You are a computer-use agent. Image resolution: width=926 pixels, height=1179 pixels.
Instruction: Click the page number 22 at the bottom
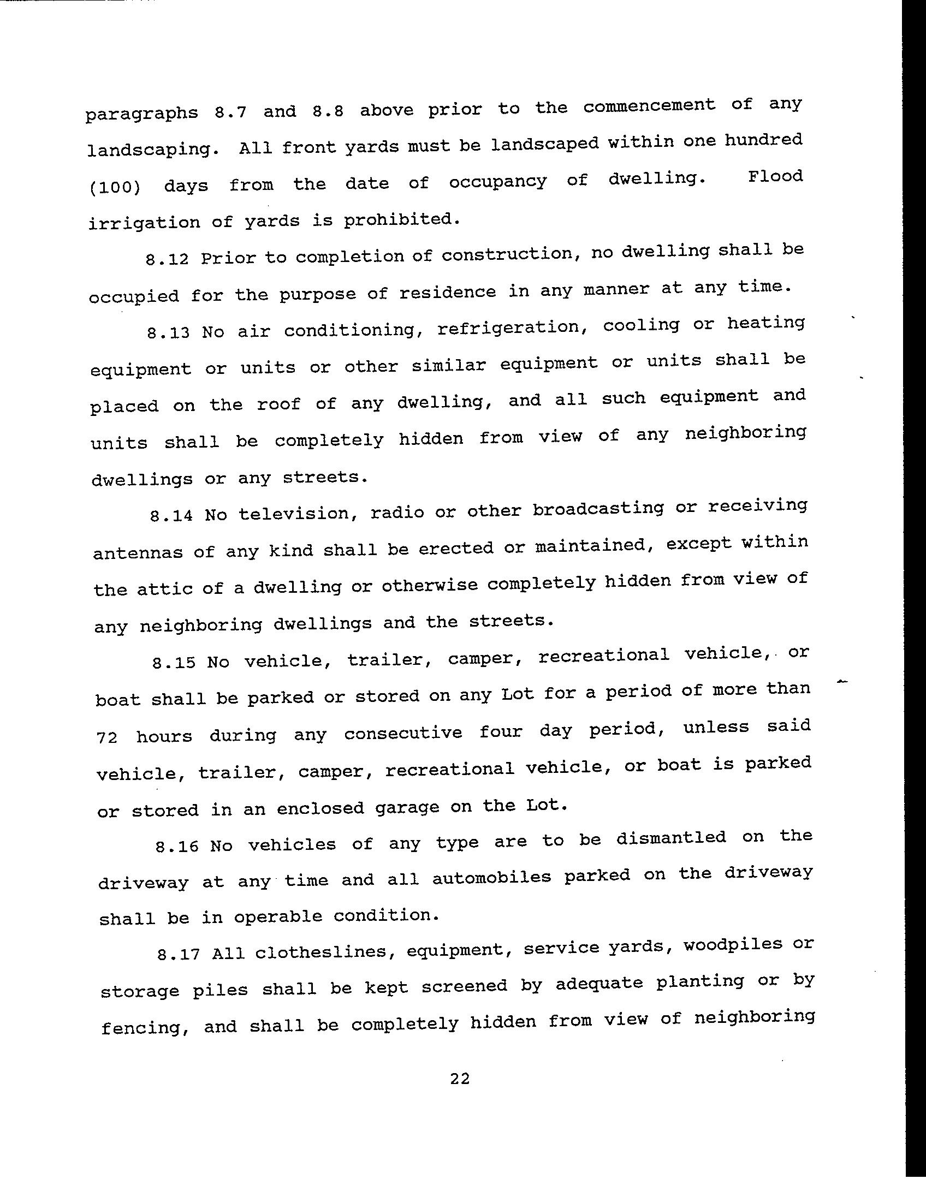pyautogui.click(x=460, y=1079)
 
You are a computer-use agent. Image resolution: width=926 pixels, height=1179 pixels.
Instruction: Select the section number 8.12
pyautogui.click(x=167, y=258)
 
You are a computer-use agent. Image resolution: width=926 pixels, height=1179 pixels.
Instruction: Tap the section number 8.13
pyautogui.click(x=168, y=332)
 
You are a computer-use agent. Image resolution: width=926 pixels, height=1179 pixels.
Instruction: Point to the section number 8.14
pyautogui.click(x=171, y=515)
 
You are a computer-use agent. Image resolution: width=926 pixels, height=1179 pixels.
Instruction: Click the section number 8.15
pyautogui.click(x=174, y=663)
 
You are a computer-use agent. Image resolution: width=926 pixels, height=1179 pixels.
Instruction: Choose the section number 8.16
pyautogui.click(x=177, y=847)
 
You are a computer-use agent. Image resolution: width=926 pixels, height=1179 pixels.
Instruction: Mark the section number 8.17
pyautogui.click(x=178, y=954)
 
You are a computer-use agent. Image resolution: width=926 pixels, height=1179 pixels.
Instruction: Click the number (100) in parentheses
pyautogui.click(x=114, y=187)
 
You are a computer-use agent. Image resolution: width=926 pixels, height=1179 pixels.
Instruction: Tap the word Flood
pyautogui.click(x=775, y=177)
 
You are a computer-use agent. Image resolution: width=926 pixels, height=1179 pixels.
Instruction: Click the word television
pyautogui.click(x=295, y=513)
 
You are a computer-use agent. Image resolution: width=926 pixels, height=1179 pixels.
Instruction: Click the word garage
pyautogui.click(x=407, y=807)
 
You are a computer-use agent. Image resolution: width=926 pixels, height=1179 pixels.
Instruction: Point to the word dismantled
pyautogui.click(x=671, y=838)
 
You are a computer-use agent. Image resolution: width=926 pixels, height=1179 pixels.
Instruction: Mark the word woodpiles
pyautogui.click(x=733, y=944)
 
